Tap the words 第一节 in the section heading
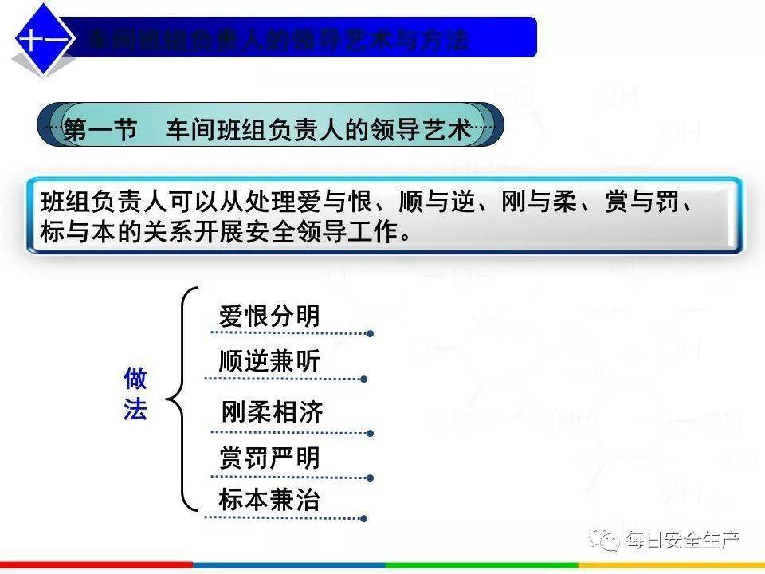99,130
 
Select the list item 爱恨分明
269,316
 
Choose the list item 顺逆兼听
269,362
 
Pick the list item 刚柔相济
273,412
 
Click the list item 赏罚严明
269,458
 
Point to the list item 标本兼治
269,500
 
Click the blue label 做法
135,395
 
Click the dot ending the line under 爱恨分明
370,333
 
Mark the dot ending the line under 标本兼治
363,518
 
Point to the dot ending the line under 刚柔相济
370,432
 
